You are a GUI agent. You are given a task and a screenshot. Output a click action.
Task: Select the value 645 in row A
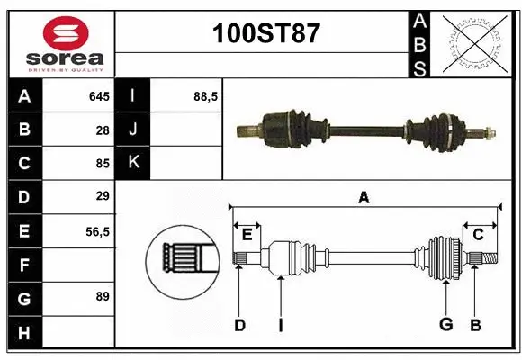(98, 96)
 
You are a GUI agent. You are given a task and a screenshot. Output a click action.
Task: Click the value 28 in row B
(102, 130)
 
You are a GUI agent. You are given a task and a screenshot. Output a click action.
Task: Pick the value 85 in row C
(102, 163)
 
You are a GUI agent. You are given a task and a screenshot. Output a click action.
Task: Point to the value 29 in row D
(102, 196)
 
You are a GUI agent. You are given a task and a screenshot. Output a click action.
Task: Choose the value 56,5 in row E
(96, 231)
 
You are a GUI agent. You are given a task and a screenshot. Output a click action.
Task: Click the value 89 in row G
(102, 296)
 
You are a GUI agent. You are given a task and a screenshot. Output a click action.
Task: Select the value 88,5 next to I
(206, 96)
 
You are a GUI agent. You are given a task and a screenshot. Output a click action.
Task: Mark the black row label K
(133, 163)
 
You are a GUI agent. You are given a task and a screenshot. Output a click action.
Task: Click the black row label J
(133, 130)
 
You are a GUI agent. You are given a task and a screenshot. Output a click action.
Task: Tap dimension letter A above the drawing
(364, 197)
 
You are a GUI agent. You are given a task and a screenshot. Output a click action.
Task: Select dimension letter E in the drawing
(246, 235)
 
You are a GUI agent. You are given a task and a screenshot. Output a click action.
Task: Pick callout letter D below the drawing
(239, 325)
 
